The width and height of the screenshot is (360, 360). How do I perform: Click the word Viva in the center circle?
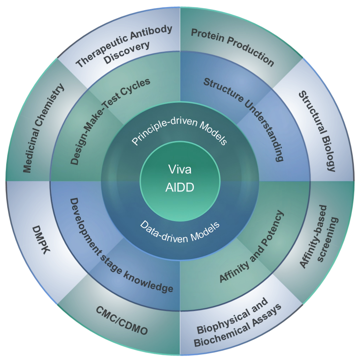pos(180,170)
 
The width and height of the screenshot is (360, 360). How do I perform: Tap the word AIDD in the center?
pos(180,188)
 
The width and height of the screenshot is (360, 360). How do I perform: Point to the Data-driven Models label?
pos(180,231)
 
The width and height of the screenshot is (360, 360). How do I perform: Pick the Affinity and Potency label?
pos(252,247)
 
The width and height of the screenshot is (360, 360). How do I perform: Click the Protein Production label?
pos(233,47)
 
